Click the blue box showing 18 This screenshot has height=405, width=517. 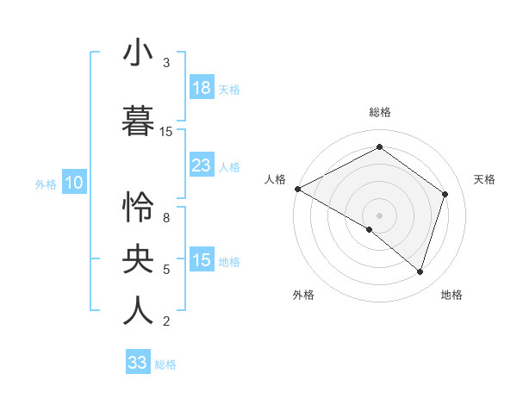202,88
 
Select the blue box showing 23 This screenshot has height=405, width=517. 202,165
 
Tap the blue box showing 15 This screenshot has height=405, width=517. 202,260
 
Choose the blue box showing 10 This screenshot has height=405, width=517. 74,183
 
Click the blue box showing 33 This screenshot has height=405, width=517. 138,363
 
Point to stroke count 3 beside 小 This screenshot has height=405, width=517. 166,63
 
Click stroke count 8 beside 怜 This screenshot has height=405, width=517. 166,218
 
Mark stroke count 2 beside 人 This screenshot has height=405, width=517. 166,321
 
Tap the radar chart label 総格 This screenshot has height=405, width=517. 379,112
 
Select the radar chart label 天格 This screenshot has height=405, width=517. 484,179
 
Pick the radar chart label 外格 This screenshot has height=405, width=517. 303,295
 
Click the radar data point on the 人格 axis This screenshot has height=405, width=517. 297,189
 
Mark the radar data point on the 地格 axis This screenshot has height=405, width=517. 420,271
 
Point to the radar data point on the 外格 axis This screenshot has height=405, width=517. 370,229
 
